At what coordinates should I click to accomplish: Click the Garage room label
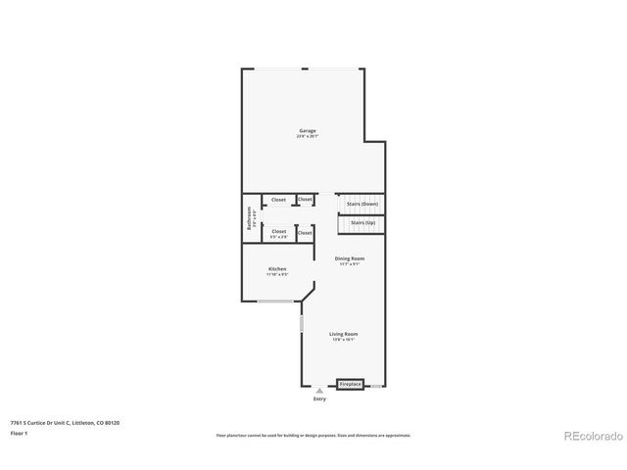tap(307, 130)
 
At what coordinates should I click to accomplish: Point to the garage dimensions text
tap(307, 136)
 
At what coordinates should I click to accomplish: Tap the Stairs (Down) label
tap(362, 204)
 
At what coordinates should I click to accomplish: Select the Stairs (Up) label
tap(362, 222)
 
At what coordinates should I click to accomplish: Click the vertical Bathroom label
tap(250, 217)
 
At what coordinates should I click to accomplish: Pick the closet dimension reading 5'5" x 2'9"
tap(279, 237)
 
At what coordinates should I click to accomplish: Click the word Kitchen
tap(277, 268)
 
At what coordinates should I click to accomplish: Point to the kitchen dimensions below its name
tap(277, 274)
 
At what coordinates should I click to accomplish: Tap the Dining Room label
tap(350, 258)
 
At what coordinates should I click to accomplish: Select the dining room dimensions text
tap(350, 264)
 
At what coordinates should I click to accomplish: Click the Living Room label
tap(343, 334)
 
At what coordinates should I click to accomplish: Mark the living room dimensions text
tap(343, 340)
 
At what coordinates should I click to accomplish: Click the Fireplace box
tap(350, 385)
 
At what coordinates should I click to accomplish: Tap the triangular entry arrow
tap(318, 391)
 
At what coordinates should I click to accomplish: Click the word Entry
tap(319, 399)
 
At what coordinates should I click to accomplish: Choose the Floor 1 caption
tap(20, 432)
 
